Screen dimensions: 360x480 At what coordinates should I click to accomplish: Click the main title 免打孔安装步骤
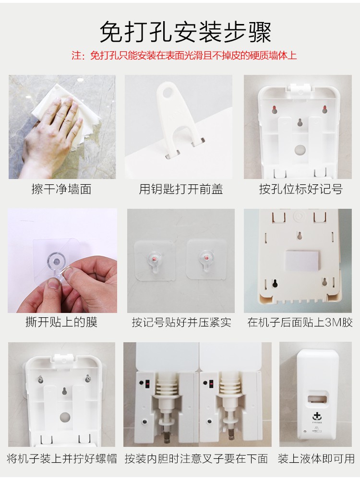click(x=185, y=32)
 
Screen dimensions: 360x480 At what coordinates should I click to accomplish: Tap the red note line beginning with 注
click(x=184, y=55)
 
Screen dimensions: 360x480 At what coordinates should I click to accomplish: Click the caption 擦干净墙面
click(x=61, y=189)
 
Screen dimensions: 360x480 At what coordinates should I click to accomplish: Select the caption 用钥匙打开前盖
click(x=180, y=189)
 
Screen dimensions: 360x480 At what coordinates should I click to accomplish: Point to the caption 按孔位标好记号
click(x=300, y=189)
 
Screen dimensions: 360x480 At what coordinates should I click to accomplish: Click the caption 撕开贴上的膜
click(x=61, y=322)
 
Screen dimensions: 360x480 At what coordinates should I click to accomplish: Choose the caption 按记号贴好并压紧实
click(x=181, y=322)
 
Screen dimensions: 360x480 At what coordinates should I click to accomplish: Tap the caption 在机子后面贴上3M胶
click(x=300, y=322)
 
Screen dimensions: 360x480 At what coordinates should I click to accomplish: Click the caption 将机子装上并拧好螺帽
click(x=62, y=458)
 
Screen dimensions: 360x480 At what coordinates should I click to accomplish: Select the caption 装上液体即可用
click(x=316, y=458)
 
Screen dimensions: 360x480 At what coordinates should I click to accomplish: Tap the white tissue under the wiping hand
click(x=66, y=118)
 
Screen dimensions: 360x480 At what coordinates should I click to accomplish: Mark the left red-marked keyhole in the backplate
click(x=275, y=109)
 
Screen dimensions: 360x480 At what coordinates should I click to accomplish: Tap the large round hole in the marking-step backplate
click(x=300, y=150)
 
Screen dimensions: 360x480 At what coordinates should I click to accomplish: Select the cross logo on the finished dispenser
click(x=316, y=416)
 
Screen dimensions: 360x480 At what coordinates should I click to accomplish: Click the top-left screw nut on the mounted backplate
click(x=41, y=380)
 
